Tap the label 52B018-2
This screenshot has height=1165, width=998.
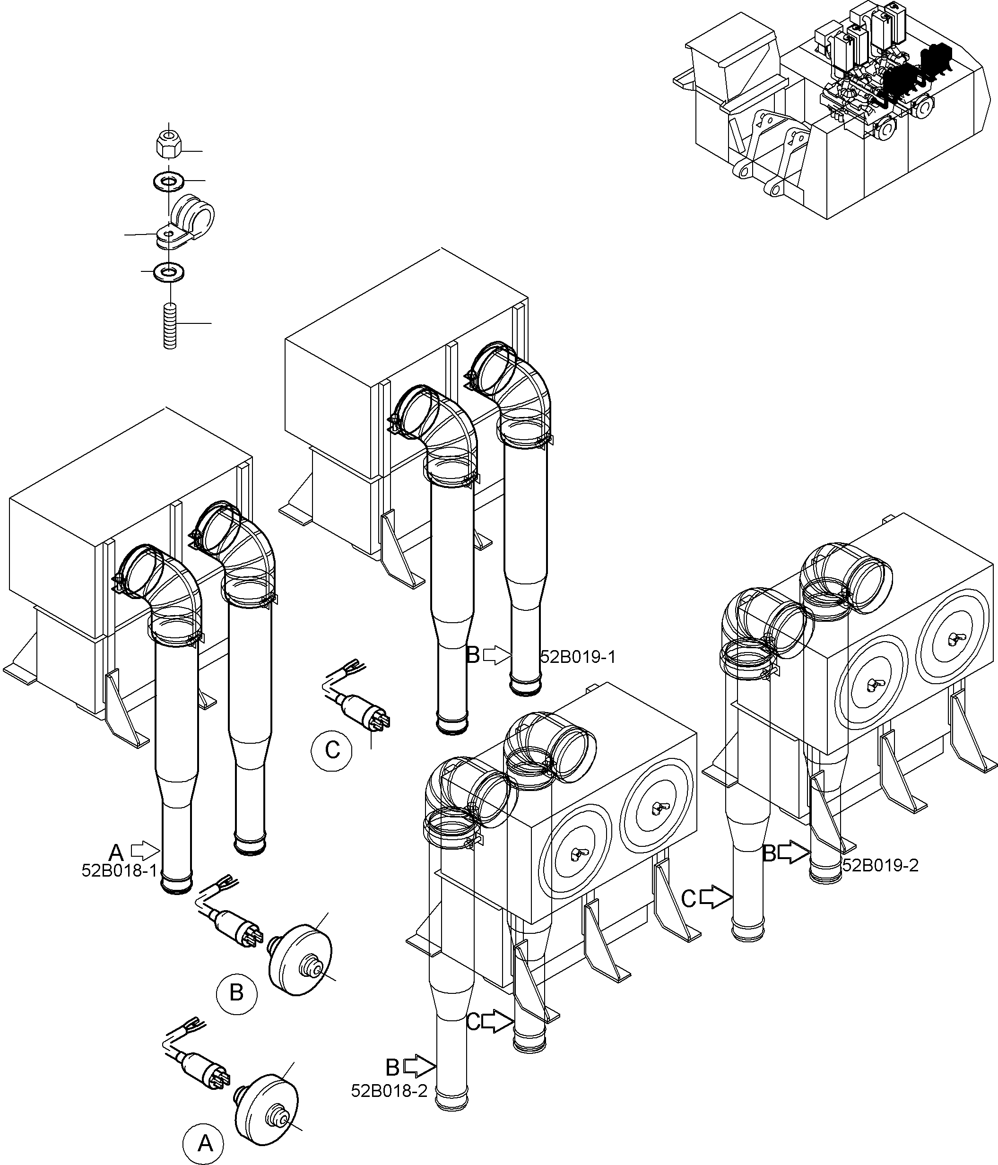coord(389,1091)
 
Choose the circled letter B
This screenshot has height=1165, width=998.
coord(237,993)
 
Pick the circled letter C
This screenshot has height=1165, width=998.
coord(332,750)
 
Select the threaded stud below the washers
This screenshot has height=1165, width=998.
coord(170,326)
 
